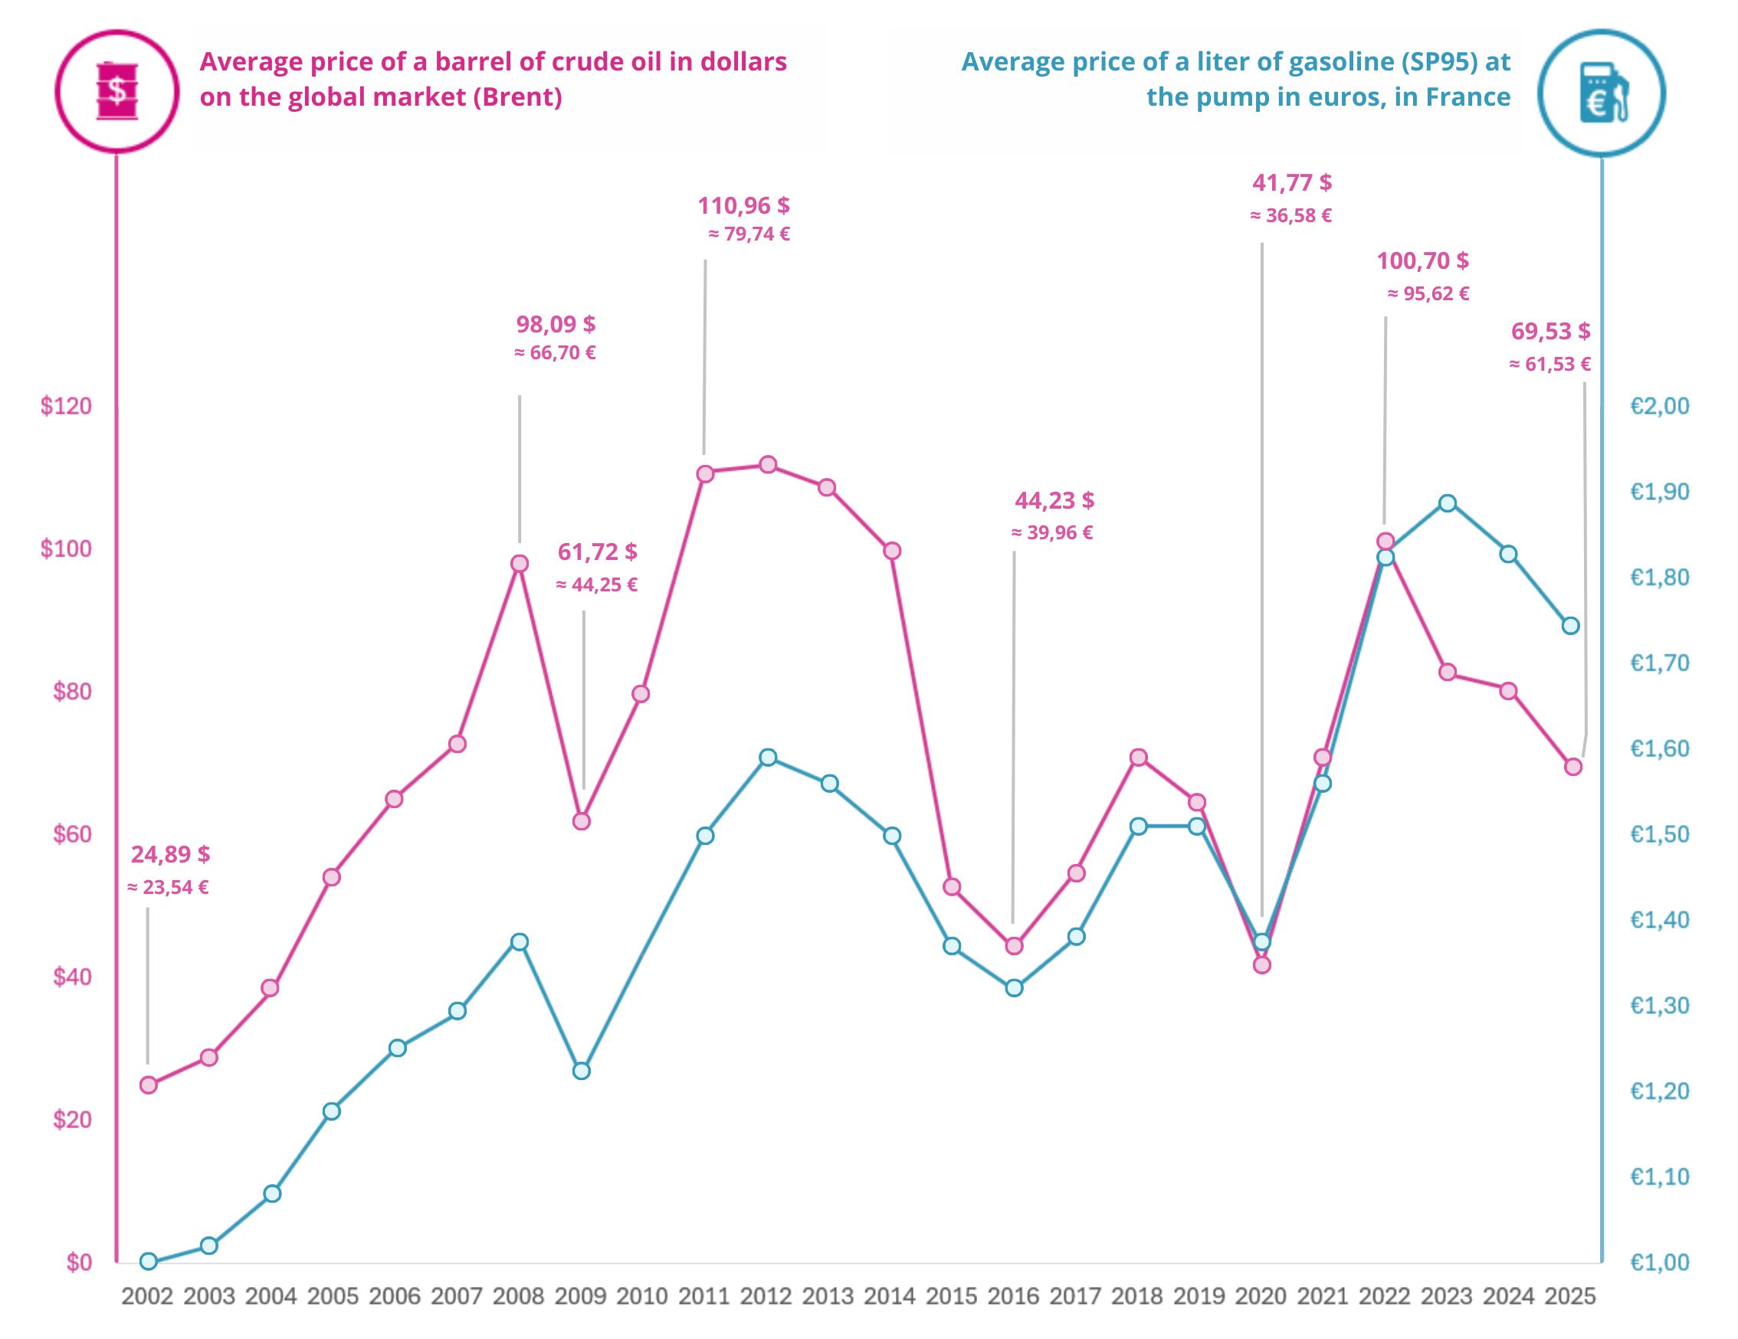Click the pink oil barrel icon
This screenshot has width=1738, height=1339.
tap(117, 90)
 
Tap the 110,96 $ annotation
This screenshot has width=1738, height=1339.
tap(743, 206)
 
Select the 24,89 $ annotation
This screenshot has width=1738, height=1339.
tap(170, 854)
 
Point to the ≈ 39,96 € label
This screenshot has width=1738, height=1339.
tap(1052, 533)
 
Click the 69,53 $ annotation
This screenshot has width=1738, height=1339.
tap(1550, 332)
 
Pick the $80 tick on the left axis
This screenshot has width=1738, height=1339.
tap(71, 692)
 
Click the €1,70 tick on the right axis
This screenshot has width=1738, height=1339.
tap(1659, 663)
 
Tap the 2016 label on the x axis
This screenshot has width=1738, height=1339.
tap(1013, 1296)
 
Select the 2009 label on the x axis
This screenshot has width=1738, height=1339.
tap(580, 1296)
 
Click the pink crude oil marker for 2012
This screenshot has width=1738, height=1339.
tap(768, 465)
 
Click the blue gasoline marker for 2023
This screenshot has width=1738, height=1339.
tap(1448, 503)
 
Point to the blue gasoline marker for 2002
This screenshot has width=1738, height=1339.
tap(149, 1262)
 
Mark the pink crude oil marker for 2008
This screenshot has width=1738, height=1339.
tap(520, 564)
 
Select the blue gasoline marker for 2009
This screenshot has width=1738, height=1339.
tap(582, 1072)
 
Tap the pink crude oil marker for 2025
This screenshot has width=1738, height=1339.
tap(1573, 767)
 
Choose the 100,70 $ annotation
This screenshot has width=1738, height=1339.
tap(1423, 261)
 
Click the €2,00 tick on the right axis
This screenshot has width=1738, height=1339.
tap(1659, 407)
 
